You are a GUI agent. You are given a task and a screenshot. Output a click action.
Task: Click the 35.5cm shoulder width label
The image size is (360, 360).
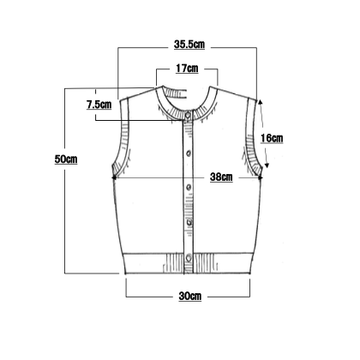point(189,45)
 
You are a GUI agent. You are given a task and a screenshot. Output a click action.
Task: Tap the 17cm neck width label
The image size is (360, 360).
point(187,69)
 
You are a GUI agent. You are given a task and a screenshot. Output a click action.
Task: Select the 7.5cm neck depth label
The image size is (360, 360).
point(99,105)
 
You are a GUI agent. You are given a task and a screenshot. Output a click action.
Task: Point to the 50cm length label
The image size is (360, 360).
point(66,159)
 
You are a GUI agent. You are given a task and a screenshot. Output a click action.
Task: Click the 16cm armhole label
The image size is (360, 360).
point(272,138)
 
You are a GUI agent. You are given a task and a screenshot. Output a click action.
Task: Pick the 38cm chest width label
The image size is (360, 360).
point(221,177)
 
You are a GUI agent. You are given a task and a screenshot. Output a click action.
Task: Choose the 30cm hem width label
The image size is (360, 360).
point(190,296)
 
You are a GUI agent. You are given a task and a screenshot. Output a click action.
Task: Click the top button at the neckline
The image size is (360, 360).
point(188,116)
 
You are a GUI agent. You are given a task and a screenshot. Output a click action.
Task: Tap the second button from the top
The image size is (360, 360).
point(189,153)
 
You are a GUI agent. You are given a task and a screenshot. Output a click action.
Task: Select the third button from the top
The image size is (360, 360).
point(189,188)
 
